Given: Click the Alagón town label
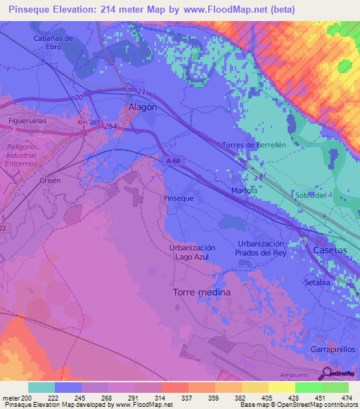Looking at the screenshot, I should pos(143,108).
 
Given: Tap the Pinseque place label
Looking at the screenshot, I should pos(179,198).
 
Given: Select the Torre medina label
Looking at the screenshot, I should pos(201,291).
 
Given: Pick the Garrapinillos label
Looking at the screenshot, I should pos(333,349).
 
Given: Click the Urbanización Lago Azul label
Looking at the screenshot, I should pos(192,252).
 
